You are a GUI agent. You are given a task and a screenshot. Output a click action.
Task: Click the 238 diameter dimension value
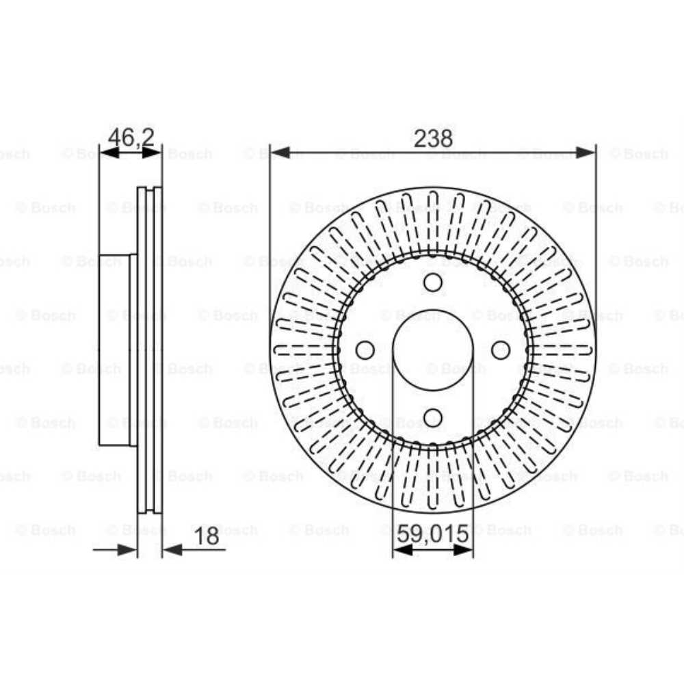tap(433, 138)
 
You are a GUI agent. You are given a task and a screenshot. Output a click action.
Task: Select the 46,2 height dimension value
tap(131, 137)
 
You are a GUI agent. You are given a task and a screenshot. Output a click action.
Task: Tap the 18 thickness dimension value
tap(207, 536)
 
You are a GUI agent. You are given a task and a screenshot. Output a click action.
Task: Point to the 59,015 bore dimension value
tap(433, 534)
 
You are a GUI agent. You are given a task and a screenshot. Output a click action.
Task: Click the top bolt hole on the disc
tap(433, 282)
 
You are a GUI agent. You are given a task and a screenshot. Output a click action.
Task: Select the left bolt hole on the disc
tap(365, 350)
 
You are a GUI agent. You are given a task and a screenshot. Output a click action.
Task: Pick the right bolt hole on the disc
tap(501, 350)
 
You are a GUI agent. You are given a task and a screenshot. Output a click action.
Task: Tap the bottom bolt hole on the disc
tap(433, 417)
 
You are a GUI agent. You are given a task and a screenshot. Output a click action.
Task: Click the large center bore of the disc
tap(433, 350)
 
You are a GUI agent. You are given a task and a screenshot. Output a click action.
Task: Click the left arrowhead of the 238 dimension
tap(280, 153)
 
